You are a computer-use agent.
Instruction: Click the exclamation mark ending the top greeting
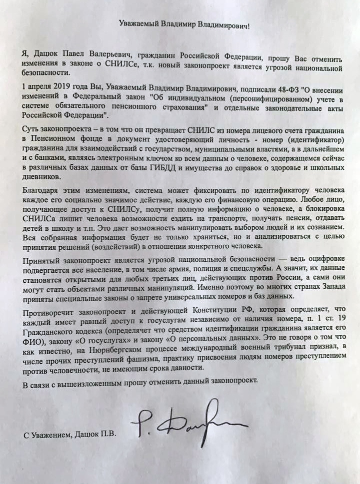pyautogui.click(x=249, y=24)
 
